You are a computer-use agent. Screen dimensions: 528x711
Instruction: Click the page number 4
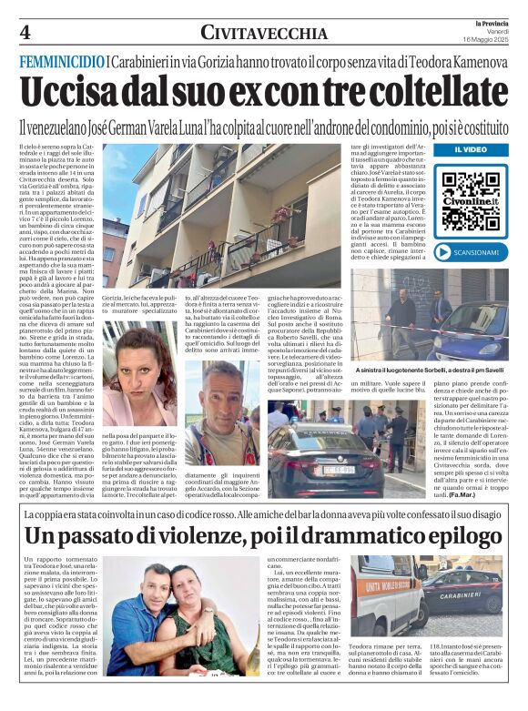click(x=24, y=33)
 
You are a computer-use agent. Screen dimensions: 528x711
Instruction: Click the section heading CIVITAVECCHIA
click(x=264, y=33)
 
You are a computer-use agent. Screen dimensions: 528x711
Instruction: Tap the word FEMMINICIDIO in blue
click(x=62, y=61)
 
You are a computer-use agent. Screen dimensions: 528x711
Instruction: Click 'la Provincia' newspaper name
click(x=493, y=22)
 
